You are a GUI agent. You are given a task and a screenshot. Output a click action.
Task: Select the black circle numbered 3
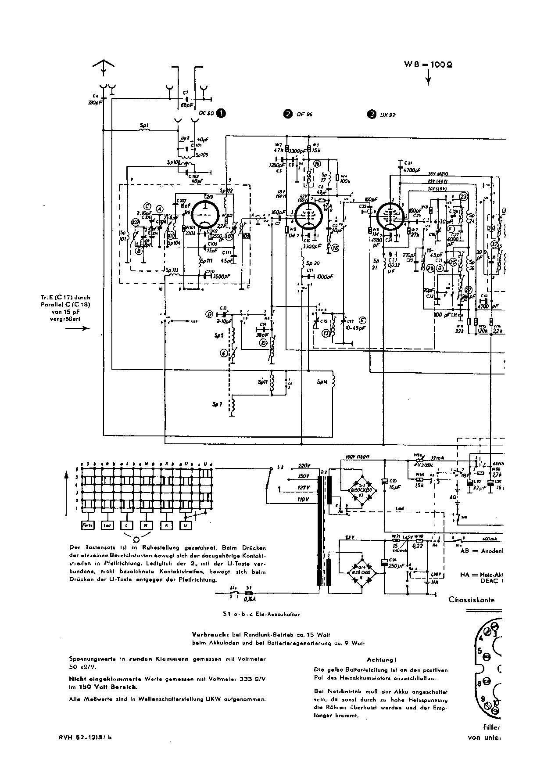pos(372,114)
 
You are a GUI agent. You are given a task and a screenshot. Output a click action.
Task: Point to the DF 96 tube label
pos(304,114)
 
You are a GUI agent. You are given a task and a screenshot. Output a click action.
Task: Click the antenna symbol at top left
pos(104,67)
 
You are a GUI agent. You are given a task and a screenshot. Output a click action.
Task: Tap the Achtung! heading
pos(382,660)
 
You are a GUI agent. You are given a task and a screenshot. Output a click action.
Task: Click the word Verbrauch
pos(208,635)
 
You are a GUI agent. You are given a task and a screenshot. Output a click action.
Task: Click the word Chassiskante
pos(472,600)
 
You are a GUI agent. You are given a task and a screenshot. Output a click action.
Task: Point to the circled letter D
pos(209,314)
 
